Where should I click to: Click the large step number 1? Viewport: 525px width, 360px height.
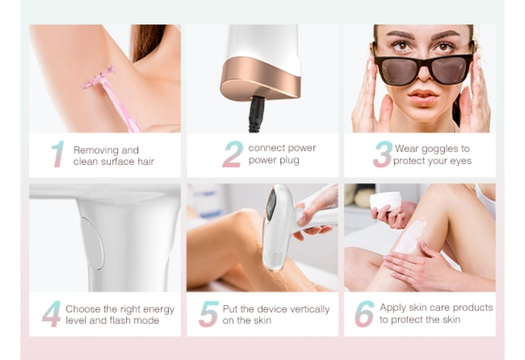click(57, 154)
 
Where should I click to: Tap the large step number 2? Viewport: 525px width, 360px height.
click(233, 154)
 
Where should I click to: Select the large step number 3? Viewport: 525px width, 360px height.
click(383, 154)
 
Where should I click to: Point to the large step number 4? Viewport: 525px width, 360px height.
click(52, 313)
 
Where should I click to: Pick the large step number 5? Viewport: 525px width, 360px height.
click(209, 313)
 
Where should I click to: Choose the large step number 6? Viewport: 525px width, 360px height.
click(365, 313)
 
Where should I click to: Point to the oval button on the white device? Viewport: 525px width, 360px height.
click(93, 242)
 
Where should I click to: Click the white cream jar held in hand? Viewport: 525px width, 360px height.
click(385, 201)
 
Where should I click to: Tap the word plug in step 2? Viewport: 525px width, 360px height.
click(289, 161)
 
